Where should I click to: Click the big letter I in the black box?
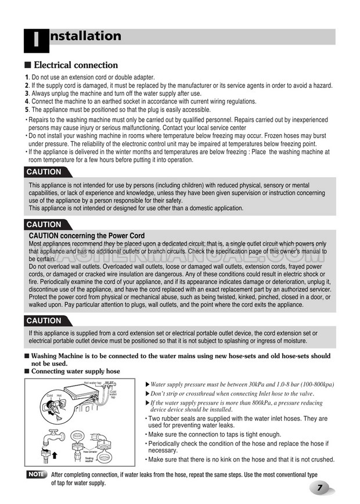click(36, 41)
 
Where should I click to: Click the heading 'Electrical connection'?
click(75, 65)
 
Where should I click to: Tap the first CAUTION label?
click(44, 172)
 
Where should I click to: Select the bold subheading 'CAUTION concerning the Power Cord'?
click(87, 236)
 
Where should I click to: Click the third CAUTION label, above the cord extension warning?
click(44, 321)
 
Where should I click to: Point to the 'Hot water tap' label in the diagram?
click(93, 383)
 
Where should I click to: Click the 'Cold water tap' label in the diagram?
click(113, 394)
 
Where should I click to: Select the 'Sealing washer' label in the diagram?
click(89, 460)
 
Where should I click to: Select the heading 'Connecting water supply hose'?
click(75, 371)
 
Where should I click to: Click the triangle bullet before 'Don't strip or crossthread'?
click(146, 394)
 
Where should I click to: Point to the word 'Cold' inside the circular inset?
click(50, 396)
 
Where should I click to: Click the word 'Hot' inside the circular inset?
click(60, 396)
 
